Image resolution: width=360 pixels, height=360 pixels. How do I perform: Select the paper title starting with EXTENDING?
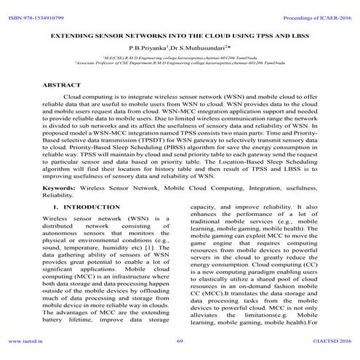pyautogui.click(x=180, y=35)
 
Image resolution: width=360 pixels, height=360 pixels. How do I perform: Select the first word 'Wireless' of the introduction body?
pyautogui.click(x=59, y=218)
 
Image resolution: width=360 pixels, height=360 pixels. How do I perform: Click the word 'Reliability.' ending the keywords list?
pyautogui.click(x=59, y=195)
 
